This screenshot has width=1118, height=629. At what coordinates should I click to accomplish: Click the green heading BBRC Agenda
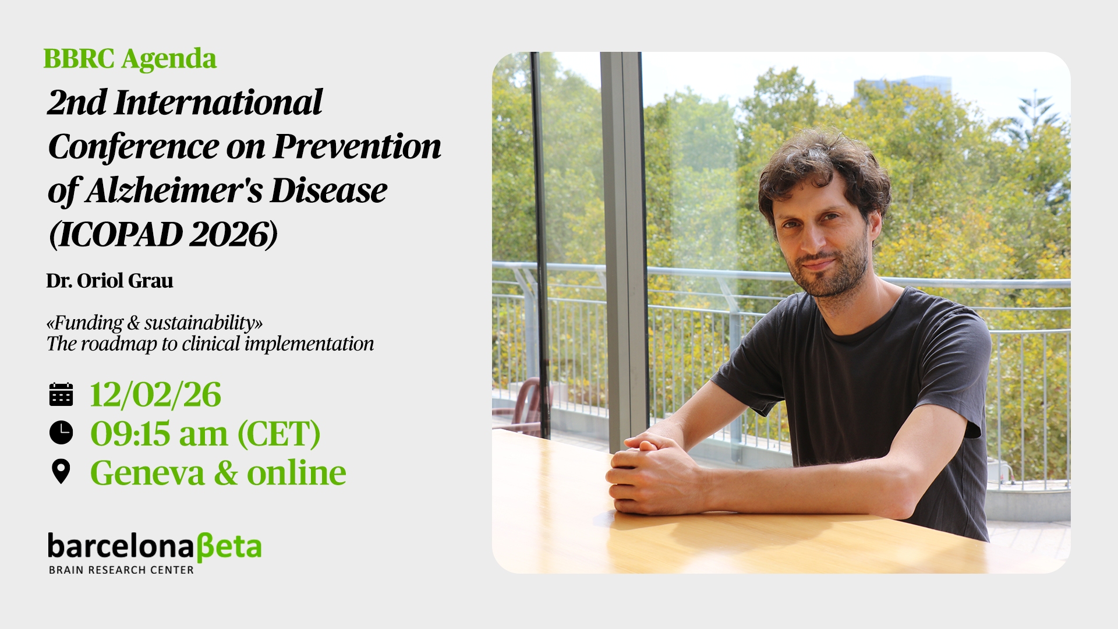(x=130, y=59)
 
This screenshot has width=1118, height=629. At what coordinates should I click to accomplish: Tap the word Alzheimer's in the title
(x=174, y=191)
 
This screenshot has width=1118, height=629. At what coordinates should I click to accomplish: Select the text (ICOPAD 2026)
(x=164, y=235)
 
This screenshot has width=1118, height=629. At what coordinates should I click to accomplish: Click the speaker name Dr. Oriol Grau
(x=109, y=281)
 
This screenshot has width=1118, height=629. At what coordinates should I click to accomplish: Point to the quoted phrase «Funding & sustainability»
(x=154, y=323)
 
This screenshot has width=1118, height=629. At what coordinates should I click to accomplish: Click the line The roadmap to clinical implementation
(x=210, y=344)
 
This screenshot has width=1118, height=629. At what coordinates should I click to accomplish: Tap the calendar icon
(x=61, y=394)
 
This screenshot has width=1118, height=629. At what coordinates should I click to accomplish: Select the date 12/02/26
(x=155, y=395)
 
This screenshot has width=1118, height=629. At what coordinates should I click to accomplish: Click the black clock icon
(x=61, y=433)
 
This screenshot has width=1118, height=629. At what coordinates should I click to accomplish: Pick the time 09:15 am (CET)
(x=206, y=434)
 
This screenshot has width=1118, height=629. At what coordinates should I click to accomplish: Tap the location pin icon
(x=61, y=472)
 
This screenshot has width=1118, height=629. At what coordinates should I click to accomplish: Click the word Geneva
(x=148, y=472)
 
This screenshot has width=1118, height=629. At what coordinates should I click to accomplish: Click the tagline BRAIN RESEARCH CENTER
(x=121, y=570)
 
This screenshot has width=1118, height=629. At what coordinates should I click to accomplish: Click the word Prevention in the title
(x=357, y=146)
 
